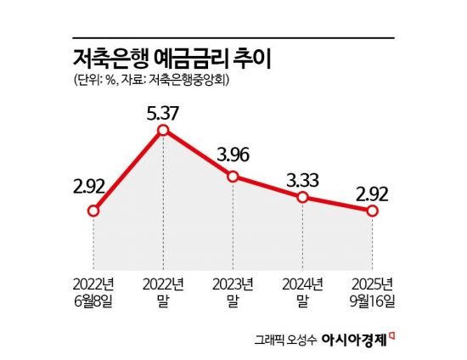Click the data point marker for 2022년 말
[x=164, y=130]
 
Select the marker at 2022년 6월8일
[x=93, y=211]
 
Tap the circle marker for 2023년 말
[x=233, y=176]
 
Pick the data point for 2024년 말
[x=302, y=197]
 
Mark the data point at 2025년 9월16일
[x=372, y=211]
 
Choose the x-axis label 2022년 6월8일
[x=93, y=290]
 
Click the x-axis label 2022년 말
[x=164, y=290]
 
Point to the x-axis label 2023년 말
[x=233, y=290]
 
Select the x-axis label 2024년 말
[x=302, y=290]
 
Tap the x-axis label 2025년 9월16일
[x=372, y=290]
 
